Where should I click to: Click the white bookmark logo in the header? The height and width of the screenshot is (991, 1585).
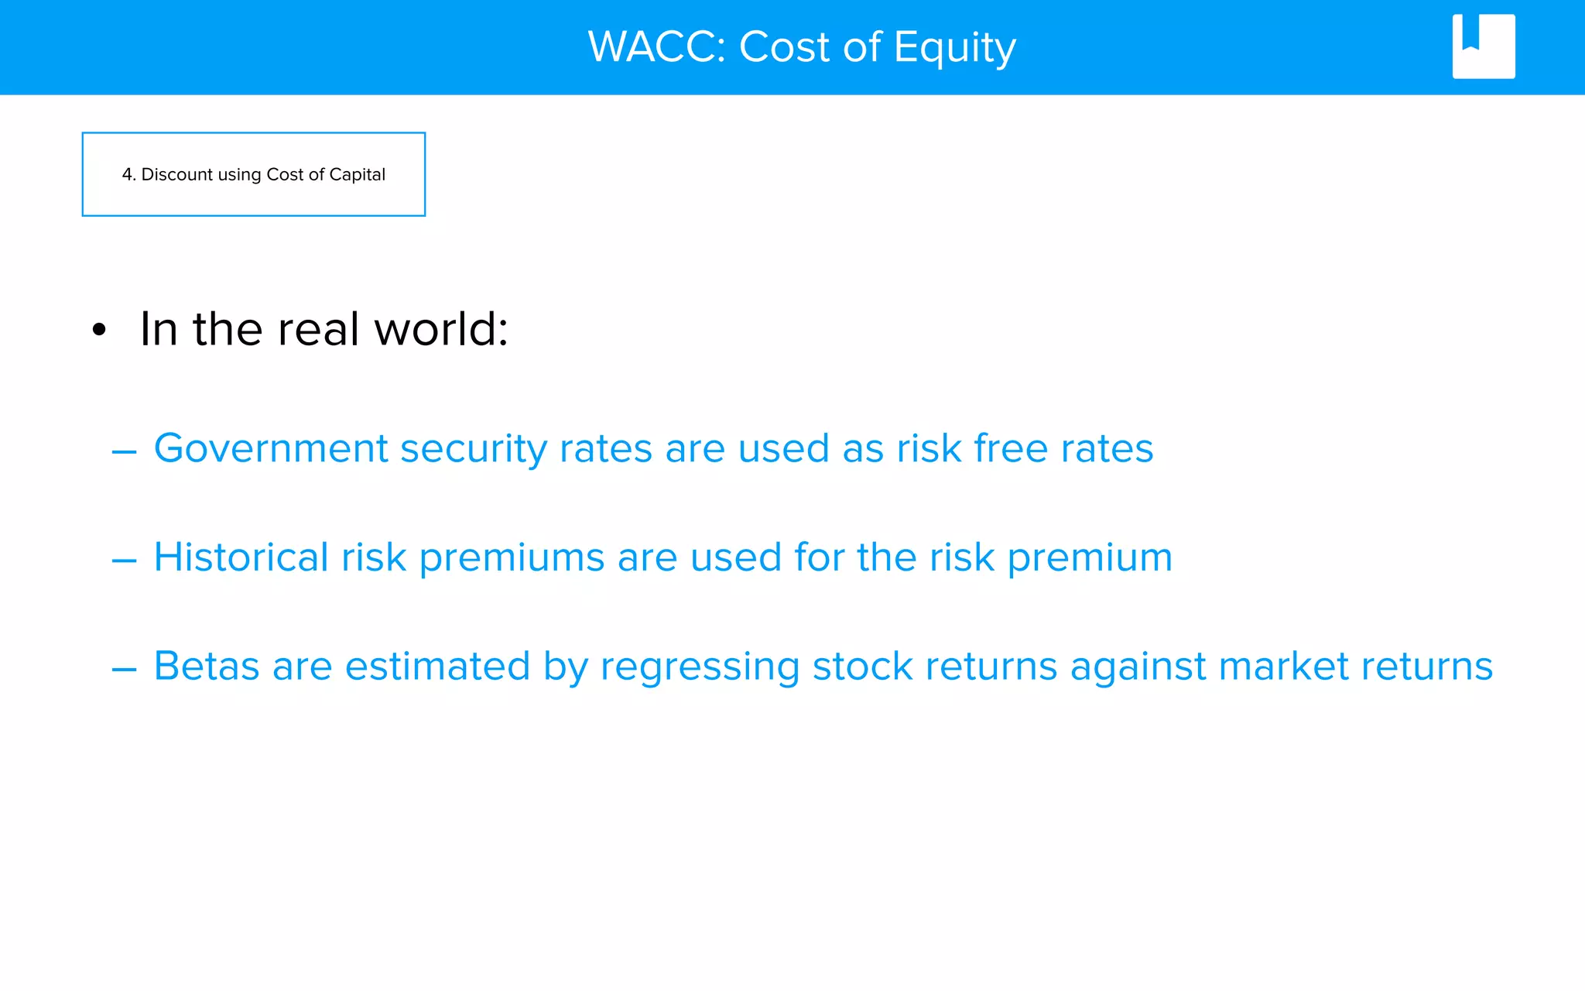tap(1483, 46)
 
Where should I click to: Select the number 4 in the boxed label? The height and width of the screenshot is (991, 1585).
tap(127, 175)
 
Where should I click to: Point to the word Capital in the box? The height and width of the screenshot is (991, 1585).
tap(357, 175)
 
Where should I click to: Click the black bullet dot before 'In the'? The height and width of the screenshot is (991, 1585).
tap(98, 331)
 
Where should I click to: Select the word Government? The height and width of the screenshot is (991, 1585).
tap(270, 448)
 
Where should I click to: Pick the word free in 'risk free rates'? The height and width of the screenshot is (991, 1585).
tap(1010, 448)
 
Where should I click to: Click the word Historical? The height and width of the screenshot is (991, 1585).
tap(241, 557)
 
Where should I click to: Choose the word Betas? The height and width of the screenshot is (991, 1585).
tap(206, 666)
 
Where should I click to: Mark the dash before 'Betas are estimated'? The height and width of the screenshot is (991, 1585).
tap(124, 669)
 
